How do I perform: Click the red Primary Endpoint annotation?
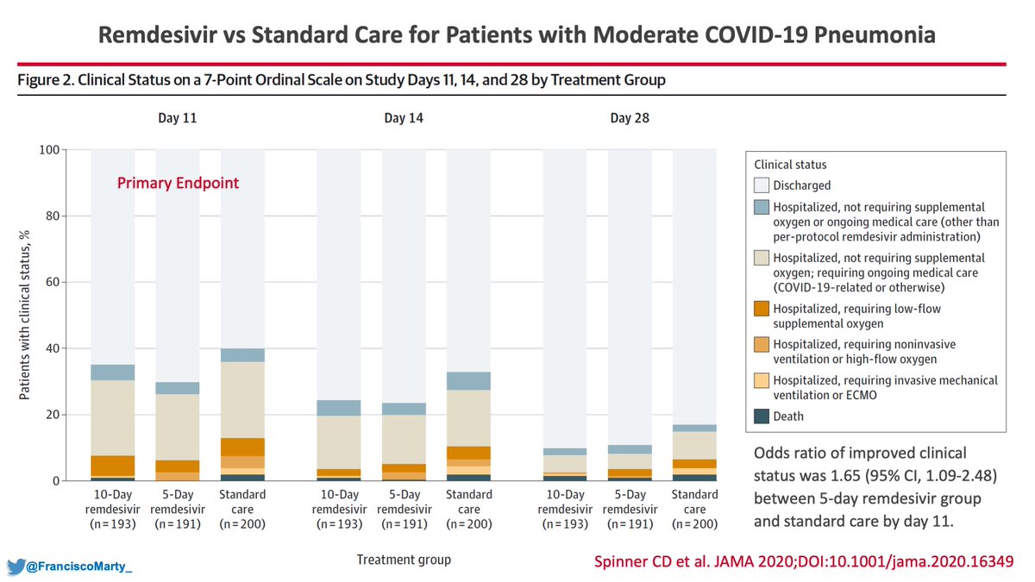178,183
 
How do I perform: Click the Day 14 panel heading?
403,118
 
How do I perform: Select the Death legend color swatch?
761,416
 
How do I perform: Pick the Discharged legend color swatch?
761,185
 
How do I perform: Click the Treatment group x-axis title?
403,560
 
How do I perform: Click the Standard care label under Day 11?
242,509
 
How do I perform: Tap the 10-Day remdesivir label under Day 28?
566,509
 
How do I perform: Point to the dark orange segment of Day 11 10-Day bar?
113,466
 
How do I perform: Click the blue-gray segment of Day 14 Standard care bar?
468,381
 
